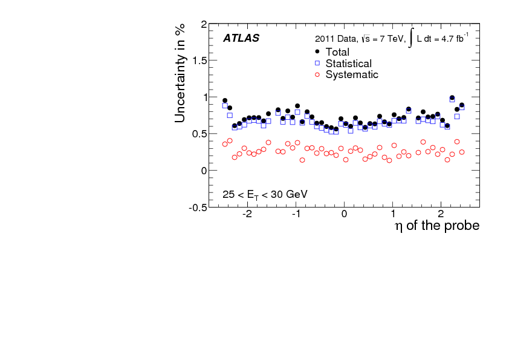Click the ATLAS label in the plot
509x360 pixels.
[241, 38]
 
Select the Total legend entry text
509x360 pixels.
[337, 52]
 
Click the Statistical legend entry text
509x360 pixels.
[348, 64]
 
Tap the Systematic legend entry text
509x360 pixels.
[352, 75]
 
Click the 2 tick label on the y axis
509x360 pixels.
[204, 25]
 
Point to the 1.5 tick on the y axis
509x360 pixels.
[199, 61]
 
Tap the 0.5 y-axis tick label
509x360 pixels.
[199, 134]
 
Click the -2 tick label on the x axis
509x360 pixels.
[247, 215]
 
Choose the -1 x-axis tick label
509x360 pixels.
[295, 215]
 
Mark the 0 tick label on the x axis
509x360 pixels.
[345, 215]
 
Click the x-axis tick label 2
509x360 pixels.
[441, 215]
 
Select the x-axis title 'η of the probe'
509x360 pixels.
[437, 226]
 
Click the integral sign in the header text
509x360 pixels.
[411, 38]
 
